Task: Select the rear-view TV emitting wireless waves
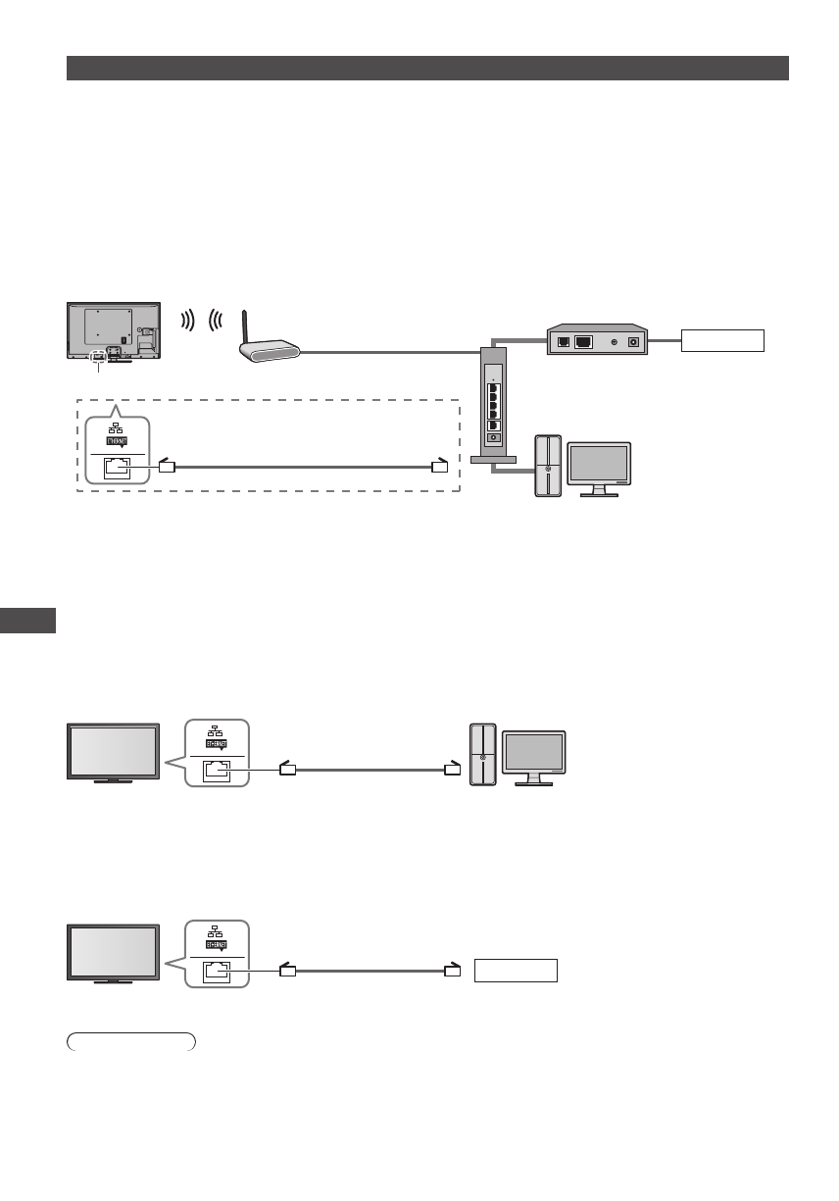point(116,331)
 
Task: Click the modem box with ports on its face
point(595,341)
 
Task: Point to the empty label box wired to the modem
point(722,341)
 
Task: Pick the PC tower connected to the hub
point(549,465)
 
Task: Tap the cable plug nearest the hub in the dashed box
point(440,467)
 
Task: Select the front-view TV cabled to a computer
point(113,752)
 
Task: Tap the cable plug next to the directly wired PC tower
point(451,770)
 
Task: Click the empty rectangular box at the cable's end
point(516,971)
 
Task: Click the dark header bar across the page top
point(427,68)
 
